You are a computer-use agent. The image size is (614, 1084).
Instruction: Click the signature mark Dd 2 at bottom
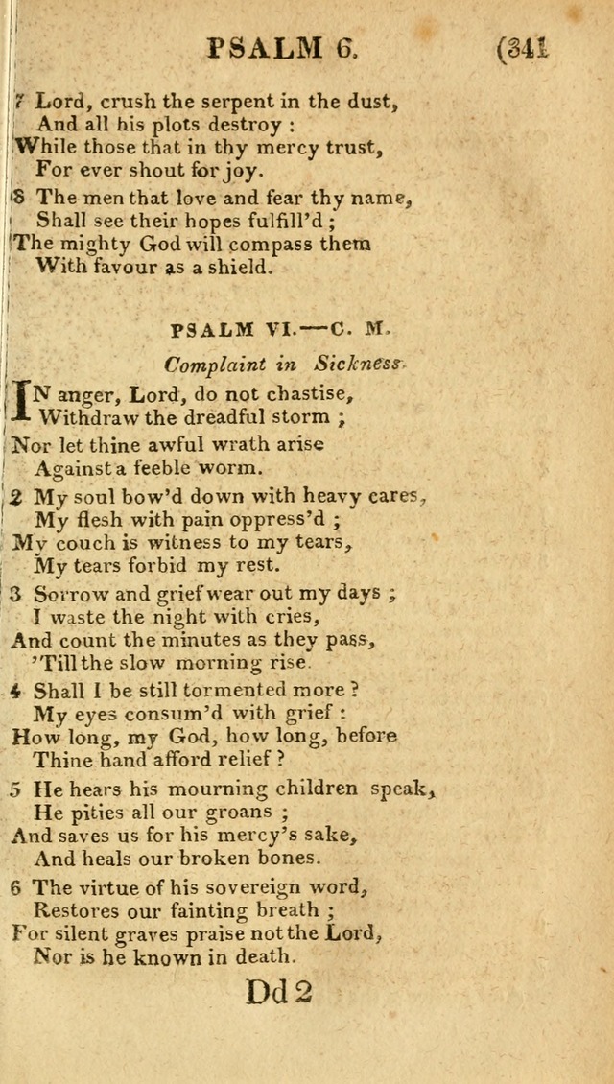click(280, 992)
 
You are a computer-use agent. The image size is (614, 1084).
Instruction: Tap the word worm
click(229, 468)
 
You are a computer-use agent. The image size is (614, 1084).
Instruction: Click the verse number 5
click(15, 789)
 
